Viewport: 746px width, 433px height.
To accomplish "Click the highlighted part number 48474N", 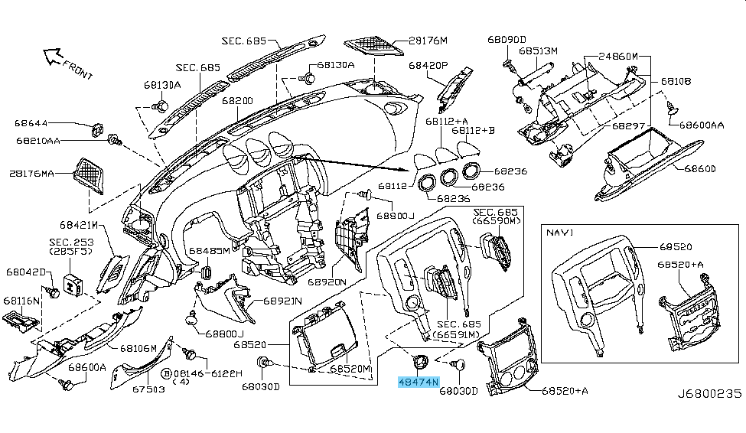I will pos(418,381).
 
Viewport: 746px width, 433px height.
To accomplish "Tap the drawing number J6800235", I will pos(709,393).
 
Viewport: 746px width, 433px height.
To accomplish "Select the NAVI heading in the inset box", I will pos(561,230).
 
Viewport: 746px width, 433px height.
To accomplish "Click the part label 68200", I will pos(237,100).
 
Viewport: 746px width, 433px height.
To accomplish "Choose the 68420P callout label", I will pos(427,66).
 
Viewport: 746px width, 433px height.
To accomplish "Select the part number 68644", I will pos(31,122).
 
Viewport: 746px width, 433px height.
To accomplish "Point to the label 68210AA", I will pos(37,140).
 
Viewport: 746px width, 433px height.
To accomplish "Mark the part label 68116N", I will pos(23,301).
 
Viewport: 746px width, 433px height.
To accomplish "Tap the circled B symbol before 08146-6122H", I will pos(165,373).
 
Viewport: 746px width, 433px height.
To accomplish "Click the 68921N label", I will pos(285,301).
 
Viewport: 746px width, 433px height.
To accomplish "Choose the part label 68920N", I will pos(327,282).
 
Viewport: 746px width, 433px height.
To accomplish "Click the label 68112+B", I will pos(473,131).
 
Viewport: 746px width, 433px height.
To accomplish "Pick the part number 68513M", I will pos(538,50).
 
